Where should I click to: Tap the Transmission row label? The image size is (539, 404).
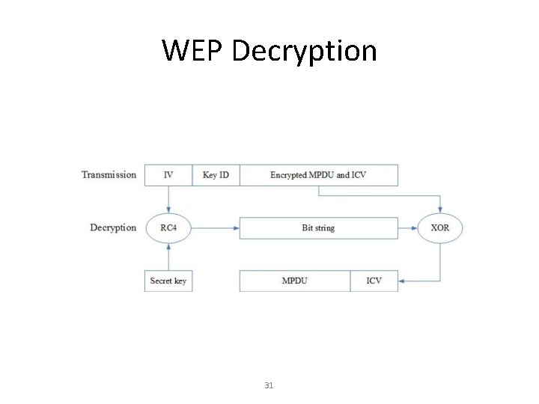click(109, 175)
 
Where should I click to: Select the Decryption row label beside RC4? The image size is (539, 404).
click(113, 227)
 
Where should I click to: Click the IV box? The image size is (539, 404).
click(168, 175)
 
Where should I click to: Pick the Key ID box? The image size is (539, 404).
click(216, 175)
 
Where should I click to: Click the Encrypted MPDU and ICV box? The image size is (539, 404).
click(318, 175)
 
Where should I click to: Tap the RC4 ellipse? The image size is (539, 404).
click(168, 227)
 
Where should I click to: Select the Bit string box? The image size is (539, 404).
click(318, 227)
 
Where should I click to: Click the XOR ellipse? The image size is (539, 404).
click(440, 227)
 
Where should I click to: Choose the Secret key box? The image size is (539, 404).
click(168, 281)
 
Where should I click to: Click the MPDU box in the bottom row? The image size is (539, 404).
click(294, 281)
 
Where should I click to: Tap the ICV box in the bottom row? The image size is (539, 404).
click(374, 281)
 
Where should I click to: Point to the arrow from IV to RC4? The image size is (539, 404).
click(168, 199)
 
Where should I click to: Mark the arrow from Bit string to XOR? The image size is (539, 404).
click(408, 227)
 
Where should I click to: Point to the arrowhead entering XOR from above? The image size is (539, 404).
click(440, 209)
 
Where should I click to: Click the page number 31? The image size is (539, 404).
click(269, 385)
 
